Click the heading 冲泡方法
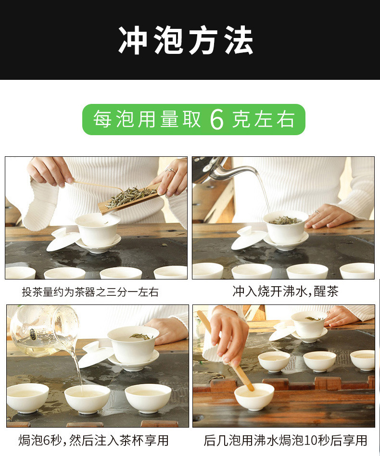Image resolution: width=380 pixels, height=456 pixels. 186,40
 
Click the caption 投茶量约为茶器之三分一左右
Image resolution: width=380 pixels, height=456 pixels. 90,292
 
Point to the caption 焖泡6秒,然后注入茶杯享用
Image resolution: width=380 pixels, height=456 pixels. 93,440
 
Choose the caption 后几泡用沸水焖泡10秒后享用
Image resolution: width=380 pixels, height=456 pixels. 285,440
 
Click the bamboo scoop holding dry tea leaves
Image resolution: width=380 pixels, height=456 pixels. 129,197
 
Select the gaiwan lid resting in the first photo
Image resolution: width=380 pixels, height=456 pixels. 63,240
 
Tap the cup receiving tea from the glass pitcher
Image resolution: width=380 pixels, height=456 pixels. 87,397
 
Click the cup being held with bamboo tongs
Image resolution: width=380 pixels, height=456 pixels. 254,395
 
